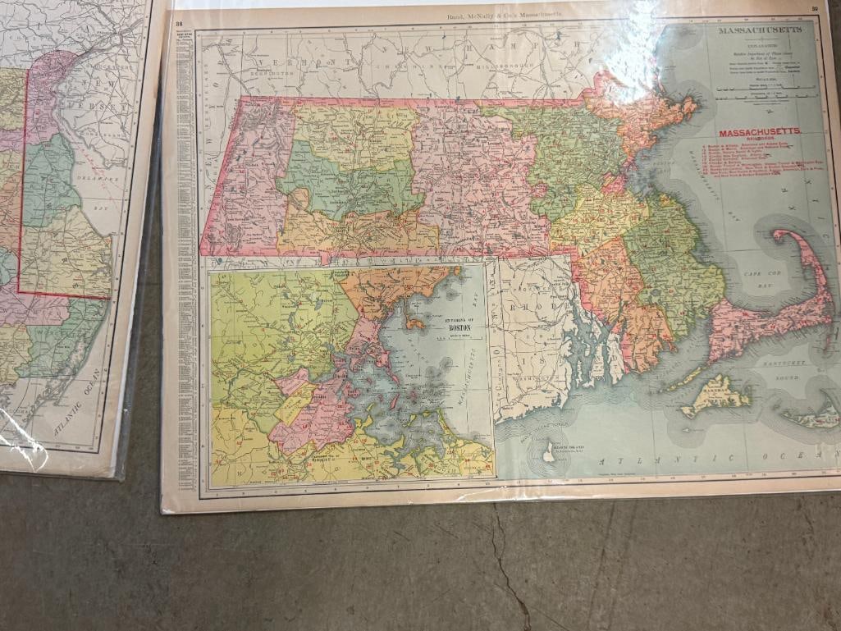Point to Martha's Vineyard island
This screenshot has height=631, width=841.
click(x=717, y=394)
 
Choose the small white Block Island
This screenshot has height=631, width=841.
click(x=548, y=452)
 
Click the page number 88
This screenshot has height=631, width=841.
click(x=179, y=23)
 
